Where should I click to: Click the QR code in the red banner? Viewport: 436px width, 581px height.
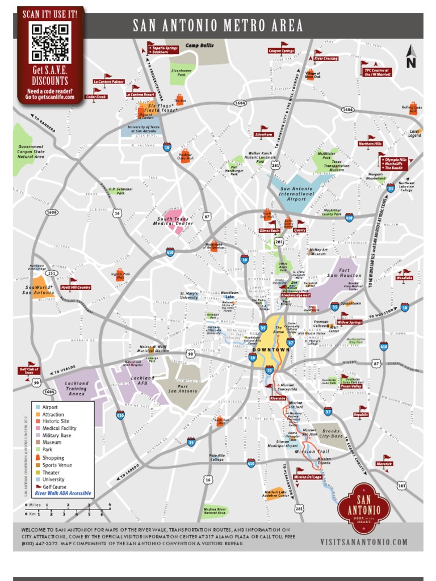pyautogui.click(x=50, y=42)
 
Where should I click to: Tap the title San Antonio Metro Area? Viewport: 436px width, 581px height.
pyautogui.click(x=218, y=26)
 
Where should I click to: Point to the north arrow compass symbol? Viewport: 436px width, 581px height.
pyautogui.click(x=411, y=57)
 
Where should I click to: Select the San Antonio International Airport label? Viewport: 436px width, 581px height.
pyautogui.click(x=296, y=193)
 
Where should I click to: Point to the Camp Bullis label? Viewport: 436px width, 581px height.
pyautogui.click(x=200, y=45)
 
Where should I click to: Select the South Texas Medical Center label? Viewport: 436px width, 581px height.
pyautogui.click(x=175, y=221)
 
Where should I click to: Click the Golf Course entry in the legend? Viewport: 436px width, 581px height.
pyautogui.click(x=54, y=487)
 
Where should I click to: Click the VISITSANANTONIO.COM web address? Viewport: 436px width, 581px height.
pyautogui.click(x=364, y=542)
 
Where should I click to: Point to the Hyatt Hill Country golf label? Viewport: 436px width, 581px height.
pyautogui.click(x=76, y=288)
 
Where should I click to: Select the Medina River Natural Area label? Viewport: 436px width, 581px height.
pyautogui.click(x=215, y=512)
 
